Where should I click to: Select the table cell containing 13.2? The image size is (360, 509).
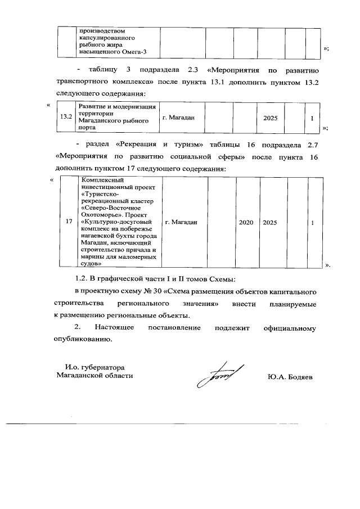coord(66,116)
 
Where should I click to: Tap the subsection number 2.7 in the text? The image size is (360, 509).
coord(313,143)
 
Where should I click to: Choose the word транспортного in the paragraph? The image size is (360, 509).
coord(80,81)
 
